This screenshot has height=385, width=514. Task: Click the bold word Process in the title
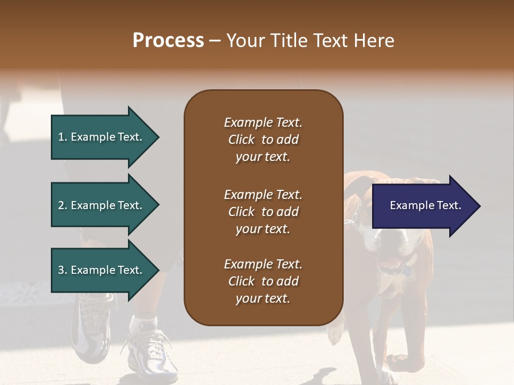click(x=168, y=41)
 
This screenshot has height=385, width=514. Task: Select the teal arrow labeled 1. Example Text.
click(x=102, y=137)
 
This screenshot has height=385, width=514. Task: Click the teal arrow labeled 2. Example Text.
click(x=102, y=205)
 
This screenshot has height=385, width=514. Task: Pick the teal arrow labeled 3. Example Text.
click(x=102, y=270)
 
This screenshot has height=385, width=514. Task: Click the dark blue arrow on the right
click(x=423, y=206)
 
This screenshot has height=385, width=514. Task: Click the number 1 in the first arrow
click(x=61, y=137)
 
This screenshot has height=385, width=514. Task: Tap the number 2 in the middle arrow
click(x=61, y=205)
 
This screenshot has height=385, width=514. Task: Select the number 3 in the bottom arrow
click(x=61, y=270)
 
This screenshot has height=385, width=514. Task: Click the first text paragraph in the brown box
click(x=263, y=140)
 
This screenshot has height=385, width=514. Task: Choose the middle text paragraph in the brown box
click(x=263, y=212)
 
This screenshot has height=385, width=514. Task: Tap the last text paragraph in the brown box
click(x=263, y=281)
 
